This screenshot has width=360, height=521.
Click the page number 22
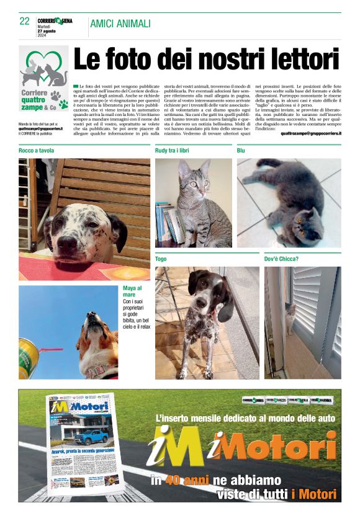[x=25, y=21]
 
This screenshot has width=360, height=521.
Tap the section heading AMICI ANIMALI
[x=120, y=24]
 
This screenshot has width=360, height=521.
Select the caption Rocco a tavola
[x=37, y=151]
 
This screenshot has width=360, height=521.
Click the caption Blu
[x=241, y=151]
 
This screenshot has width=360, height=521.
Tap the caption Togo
[x=161, y=258]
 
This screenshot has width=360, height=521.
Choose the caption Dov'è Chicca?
[x=281, y=258]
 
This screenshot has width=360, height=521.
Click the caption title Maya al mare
[x=132, y=292]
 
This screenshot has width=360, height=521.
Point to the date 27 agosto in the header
[x=47, y=32]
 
